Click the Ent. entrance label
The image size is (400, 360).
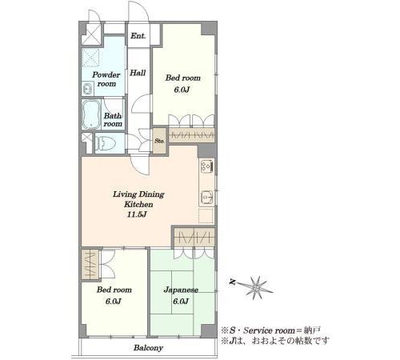pos(138,36)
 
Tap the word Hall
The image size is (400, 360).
pos(138,73)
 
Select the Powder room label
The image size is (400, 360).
pos(106,79)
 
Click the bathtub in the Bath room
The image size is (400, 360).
pos(91,115)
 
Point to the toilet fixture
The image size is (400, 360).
pos(106,143)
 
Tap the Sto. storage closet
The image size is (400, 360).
pos(159,141)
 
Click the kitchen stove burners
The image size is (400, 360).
pos(206,166)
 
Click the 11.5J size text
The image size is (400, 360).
pos(137,214)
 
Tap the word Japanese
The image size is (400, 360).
pos(181,290)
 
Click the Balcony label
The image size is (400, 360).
pos(148,348)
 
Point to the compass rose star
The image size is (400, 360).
pos(255,287)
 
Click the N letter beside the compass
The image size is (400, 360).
pos(233,282)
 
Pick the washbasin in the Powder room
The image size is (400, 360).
pos(87,89)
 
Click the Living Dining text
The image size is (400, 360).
pos(138,194)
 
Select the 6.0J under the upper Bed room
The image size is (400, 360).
pos(182,90)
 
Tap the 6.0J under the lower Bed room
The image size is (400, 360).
pos(114,302)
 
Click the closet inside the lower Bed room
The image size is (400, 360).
pos(90,265)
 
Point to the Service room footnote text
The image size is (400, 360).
pos(270,330)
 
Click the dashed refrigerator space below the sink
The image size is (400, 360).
pos(206,216)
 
